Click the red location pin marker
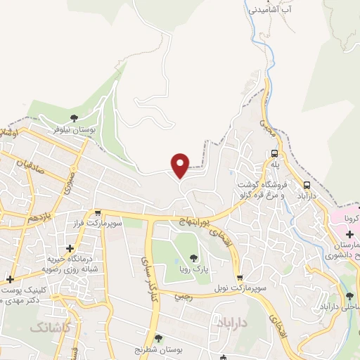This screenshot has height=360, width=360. pos(181,164)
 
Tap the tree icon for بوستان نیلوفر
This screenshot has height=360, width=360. pos(75,117)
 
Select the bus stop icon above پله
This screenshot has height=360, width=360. pos(274,153)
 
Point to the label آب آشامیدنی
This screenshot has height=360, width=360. pos(269,11)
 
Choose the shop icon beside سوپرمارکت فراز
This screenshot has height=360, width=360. pos(98,212)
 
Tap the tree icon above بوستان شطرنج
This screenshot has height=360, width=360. pos(158,338)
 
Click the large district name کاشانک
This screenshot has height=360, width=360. pos(51,327)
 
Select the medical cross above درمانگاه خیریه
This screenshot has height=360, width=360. pos(70,248)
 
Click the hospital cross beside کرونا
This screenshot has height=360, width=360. pos(350,233)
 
